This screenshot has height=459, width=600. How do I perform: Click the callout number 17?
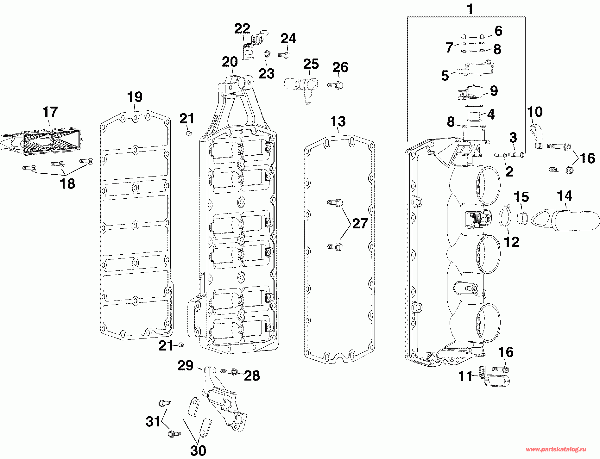[x=50, y=112]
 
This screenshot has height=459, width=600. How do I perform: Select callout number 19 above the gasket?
[x=135, y=97]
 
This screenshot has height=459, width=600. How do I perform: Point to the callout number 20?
[x=230, y=62]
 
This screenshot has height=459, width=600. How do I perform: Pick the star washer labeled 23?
[x=267, y=54]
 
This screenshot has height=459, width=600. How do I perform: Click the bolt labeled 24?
[x=284, y=55]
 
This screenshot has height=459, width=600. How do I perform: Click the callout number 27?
[x=360, y=224]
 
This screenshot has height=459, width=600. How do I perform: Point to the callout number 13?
[x=338, y=121]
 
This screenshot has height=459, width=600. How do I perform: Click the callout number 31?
[x=153, y=422]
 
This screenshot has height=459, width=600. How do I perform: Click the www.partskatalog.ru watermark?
[x=556, y=450]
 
